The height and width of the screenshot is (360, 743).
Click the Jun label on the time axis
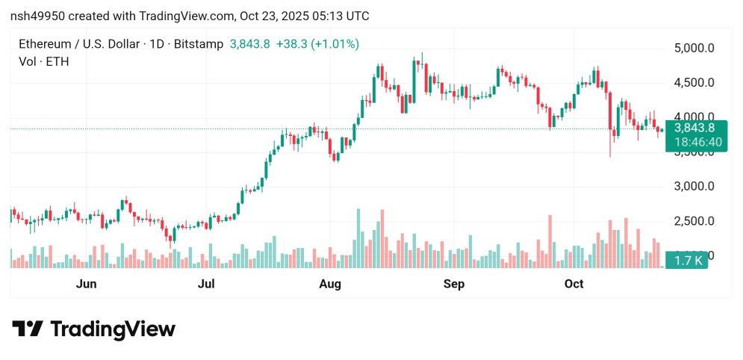click(x=87, y=284)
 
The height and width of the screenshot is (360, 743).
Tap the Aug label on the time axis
click(x=330, y=284)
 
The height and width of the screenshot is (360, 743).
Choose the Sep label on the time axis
click(x=454, y=284)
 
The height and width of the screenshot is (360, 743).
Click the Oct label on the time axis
click(x=573, y=284)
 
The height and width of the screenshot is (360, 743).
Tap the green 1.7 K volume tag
click(x=686, y=261)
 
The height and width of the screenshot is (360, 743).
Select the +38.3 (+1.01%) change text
click(x=317, y=44)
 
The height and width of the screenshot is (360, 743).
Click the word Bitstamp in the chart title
click(x=197, y=44)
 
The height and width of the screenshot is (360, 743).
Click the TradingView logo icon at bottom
click(x=28, y=329)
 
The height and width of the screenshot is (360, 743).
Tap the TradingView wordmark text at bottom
click(x=113, y=329)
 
